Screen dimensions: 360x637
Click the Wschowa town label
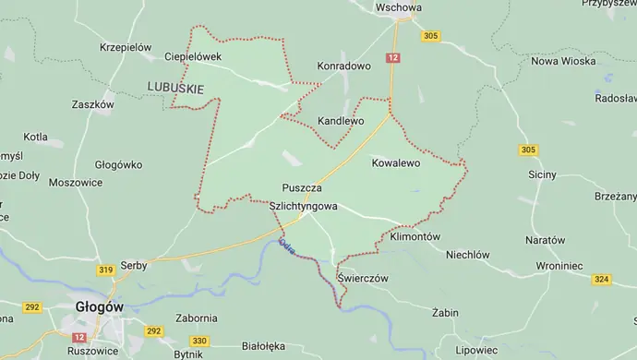coord(399,7)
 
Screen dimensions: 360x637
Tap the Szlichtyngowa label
coord(304,208)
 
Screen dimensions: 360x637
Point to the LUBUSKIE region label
coord(174,87)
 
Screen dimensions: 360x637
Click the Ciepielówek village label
coord(194,56)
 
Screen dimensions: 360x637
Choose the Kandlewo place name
coord(341,121)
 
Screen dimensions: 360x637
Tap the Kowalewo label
coord(395,162)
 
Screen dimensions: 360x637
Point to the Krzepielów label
coord(126,45)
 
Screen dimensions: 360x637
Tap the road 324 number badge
coord(603,279)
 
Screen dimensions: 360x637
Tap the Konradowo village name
coord(343,67)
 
